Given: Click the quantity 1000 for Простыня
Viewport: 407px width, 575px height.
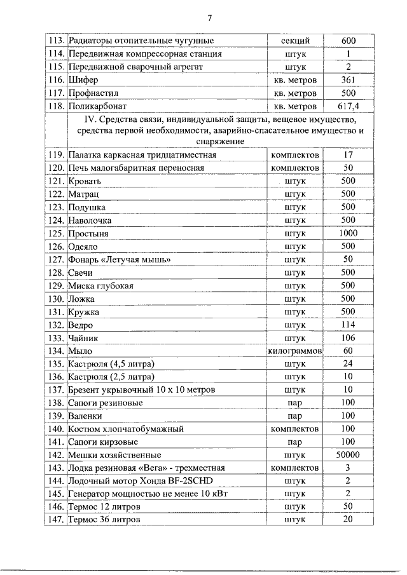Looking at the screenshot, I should coord(348,233).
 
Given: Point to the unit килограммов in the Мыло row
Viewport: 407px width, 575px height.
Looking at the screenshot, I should coord(296,350).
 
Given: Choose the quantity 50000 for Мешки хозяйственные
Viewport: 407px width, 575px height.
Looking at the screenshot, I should coord(348,454).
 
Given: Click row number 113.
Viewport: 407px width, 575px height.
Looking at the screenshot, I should coord(57,41).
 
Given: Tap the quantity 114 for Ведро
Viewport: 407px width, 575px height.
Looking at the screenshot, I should coord(348,324).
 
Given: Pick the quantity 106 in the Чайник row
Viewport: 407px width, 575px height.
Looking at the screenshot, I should coord(348,337).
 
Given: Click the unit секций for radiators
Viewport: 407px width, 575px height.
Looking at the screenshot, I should coord(295,41).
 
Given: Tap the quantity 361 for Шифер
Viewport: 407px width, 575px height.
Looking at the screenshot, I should coord(348,81).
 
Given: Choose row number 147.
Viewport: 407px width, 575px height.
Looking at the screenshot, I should coord(57,519).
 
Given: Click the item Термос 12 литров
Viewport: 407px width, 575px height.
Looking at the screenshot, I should coord(104,506).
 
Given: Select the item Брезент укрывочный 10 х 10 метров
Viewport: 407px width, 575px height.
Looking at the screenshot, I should coord(141,389).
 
